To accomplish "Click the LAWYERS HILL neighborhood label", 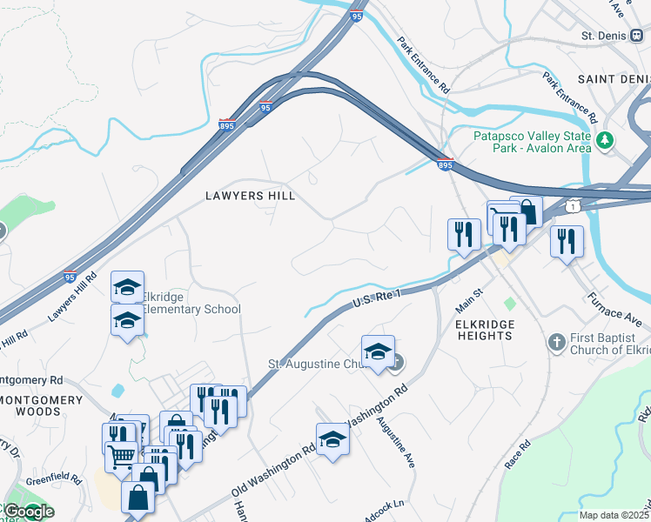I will click(250, 196).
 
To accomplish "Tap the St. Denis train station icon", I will click(637, 37).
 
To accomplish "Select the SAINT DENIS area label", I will click(614, 79).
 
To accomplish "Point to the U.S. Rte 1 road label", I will click(376, 298).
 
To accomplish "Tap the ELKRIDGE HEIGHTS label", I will click(483, 329).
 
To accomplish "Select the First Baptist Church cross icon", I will click(557, 342).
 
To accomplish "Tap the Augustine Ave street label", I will click(395, 441).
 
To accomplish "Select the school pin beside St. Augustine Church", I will click(378, 351).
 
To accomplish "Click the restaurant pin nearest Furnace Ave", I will click(567, 241).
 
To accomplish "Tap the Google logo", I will click(28, 512).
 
